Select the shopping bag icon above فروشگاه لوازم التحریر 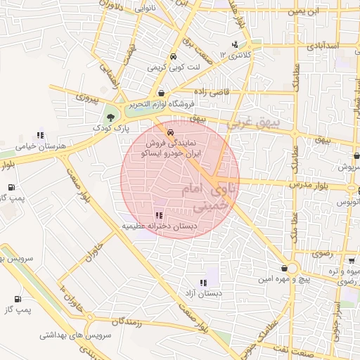(162, 93)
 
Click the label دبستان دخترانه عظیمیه (160, 227)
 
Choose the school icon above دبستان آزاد (203, 283)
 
